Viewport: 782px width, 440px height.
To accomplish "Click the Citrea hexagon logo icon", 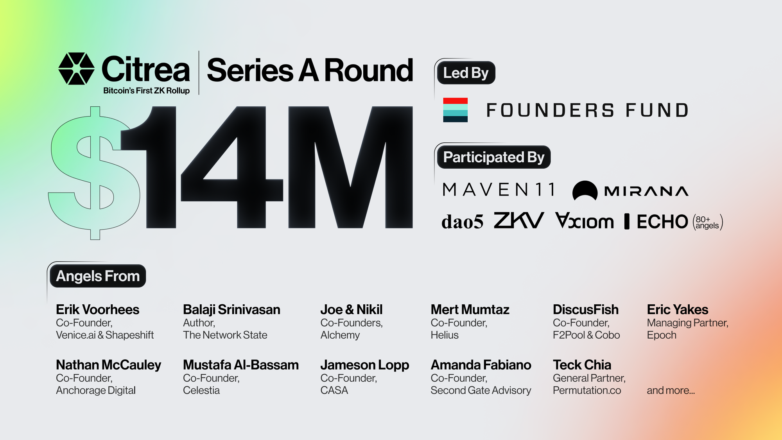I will pos(76,69).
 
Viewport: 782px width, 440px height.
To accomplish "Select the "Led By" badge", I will pos(466,73).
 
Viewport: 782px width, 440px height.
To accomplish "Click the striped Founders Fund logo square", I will pos(455,110).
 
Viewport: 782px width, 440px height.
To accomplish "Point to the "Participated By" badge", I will pos(493,157).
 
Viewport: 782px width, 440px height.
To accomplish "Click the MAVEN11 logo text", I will pos(499,190).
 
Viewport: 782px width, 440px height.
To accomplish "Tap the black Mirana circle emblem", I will pos(585,191).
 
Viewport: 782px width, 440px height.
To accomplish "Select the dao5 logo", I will pos(462,222).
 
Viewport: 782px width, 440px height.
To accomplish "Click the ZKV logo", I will pos(518,221).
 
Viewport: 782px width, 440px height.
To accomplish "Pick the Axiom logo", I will pos(585,221).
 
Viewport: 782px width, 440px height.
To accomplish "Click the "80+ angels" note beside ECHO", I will pos(707,222).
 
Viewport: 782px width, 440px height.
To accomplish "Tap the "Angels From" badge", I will pos(98,276).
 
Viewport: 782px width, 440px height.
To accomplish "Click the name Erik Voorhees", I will pos(97,310).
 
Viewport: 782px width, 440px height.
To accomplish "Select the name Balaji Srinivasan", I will pos(231,310).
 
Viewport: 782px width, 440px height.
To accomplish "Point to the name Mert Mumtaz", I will pos(470,310).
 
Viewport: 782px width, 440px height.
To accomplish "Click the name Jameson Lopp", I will pos(364,365).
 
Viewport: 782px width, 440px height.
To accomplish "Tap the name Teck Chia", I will pos(582,365).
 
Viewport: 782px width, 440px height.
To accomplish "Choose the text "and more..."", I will pos(671,390).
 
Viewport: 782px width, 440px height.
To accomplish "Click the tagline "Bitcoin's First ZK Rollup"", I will pos(146,91).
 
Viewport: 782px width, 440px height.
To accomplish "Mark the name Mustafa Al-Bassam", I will pos(241,365).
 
